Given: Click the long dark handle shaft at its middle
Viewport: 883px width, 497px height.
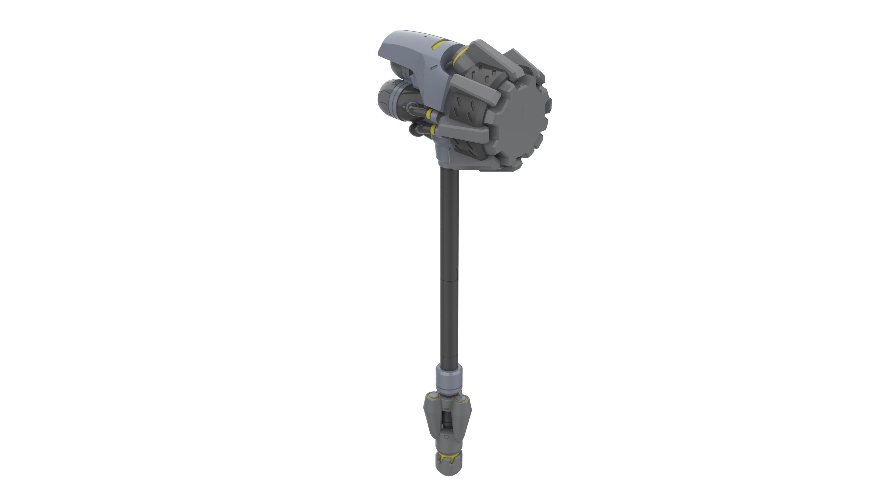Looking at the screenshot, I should coord(449,268).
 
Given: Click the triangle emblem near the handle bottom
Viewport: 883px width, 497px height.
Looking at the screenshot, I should coord(446,437).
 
